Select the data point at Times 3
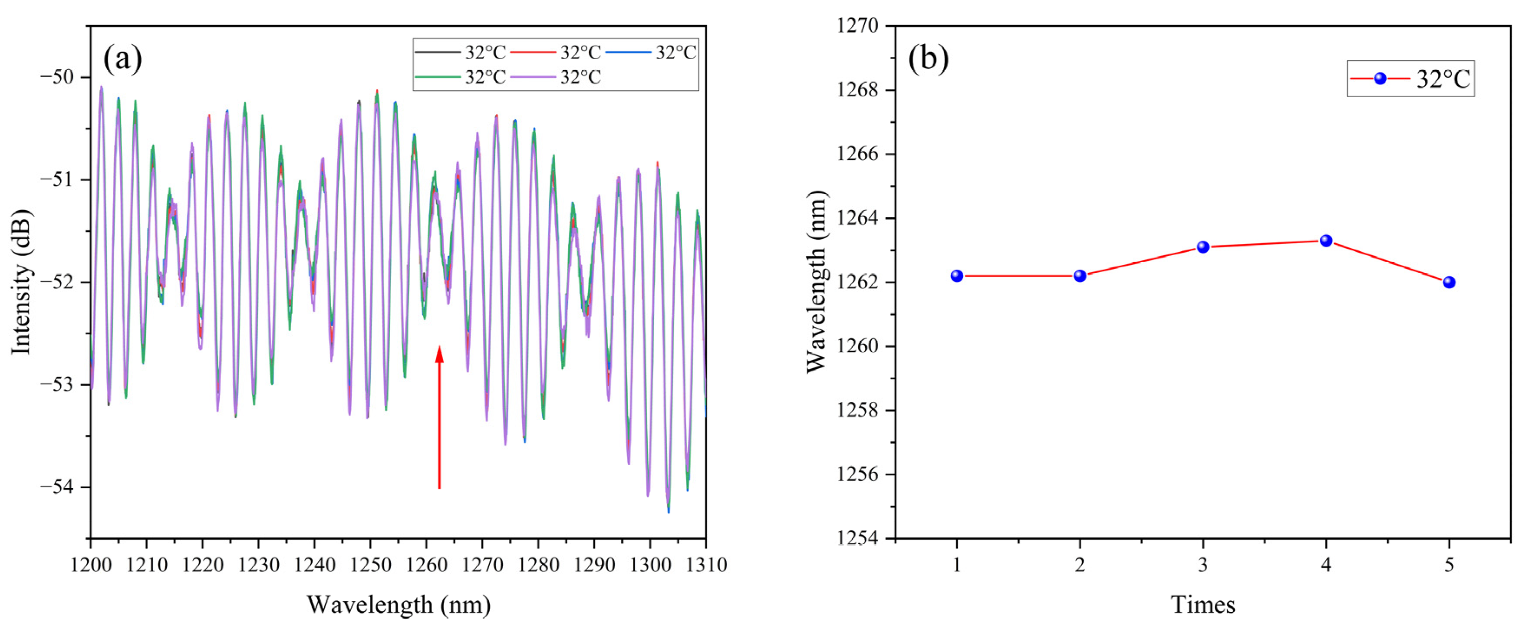tap(1203, 247)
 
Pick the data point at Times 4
tap(1326, 240)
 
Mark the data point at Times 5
tap(1449, 282)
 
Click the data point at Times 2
tap(1080, 276)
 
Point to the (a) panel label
tap(122, 59)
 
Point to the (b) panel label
tap(928, 59)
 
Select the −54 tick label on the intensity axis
tap(57, 487)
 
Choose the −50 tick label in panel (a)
tap(57, 77)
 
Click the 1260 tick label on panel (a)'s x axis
tap(427, 565)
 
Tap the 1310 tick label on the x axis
tap(705, 565)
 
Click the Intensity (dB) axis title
tap(22, 282)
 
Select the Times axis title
tap(1203, 605)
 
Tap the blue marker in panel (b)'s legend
tap(1380, 79)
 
